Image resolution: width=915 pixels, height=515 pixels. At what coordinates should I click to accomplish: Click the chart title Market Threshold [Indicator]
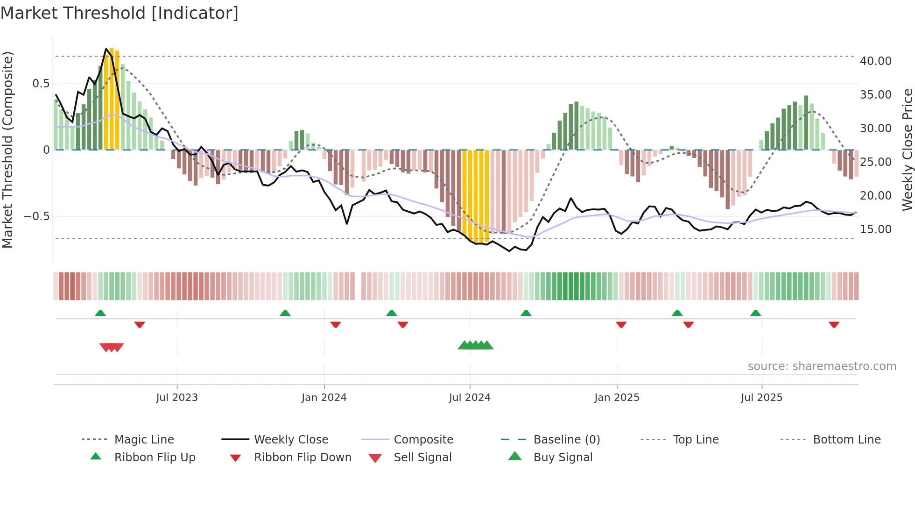click(x=120, y=13)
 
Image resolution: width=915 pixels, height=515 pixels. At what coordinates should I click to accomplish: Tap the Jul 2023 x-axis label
click(x=177, y=398)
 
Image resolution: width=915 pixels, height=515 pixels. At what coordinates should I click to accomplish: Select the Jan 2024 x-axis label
click(x=324, y=398)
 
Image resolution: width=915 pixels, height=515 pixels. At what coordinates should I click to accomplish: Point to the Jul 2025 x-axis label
click(x=761, y=398)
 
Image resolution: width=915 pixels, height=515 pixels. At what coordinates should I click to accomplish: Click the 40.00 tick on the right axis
click(x=875, y=61)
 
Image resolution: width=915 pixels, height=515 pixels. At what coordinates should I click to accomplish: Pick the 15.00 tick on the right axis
click(x=875, y=229)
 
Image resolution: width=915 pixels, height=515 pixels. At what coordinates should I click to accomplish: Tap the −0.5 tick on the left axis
click(x=37, y=216)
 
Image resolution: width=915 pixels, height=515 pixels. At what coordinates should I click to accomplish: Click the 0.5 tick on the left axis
click(x=41, y=84)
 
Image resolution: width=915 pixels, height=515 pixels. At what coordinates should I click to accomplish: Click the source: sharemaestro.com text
click(x=822, y=366)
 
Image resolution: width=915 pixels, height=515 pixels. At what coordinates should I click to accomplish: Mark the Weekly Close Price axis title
click(x=907, y=150)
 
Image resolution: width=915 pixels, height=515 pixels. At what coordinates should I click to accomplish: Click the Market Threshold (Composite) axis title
click(x=7, y=150)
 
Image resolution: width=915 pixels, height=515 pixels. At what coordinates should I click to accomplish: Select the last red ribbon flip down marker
click(x=834, y=324)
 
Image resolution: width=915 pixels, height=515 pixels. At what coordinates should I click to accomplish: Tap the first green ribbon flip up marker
click(x=100, y=313)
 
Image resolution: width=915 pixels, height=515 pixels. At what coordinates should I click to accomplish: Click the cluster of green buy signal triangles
click(x=476, y=345)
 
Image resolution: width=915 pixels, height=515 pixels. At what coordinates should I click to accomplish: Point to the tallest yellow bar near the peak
click(x=112, y=98)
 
